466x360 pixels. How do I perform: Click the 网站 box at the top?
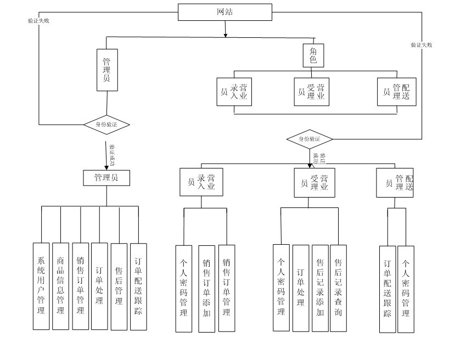tap(225, 12)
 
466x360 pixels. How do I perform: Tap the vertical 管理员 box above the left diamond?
tap(107, 70)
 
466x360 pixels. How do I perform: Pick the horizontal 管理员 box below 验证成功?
tap(107, 178)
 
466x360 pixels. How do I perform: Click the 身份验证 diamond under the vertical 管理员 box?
tap(107, 125)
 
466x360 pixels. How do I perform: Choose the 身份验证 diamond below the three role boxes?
tap(310, 139)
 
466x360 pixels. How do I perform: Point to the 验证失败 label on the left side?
tap(39, 20)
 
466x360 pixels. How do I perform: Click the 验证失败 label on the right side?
tap(421, 45)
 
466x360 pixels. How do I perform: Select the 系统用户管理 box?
tap(41, 286)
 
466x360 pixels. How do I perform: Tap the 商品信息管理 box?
tap(60, 286)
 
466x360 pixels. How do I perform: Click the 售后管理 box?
tap(119, 286)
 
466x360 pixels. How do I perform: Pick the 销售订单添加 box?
tap(206, 288)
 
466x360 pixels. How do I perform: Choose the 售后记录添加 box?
tap(319, 288)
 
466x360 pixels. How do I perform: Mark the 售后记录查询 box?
tap(338, 288)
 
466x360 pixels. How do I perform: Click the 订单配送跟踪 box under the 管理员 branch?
tap(138, 286)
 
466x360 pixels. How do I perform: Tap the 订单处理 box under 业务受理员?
tap(300, 288)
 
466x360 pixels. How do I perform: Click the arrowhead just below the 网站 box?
tap(226, 35)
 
